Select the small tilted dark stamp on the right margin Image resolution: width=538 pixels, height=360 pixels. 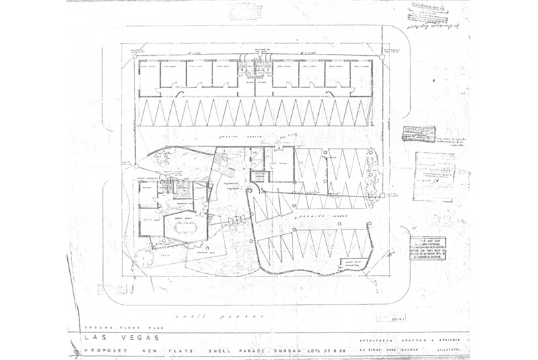pos(418,133)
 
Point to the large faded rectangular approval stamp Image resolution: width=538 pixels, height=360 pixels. pos(433,176)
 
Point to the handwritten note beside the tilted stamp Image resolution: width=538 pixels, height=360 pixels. pos(451,142)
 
